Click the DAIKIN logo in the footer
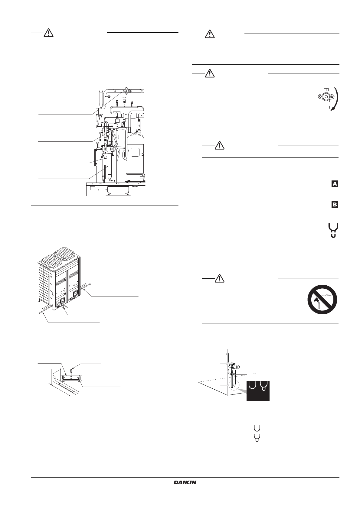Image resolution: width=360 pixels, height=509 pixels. tap(185, 483)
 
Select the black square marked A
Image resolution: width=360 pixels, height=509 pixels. tap(335, 184)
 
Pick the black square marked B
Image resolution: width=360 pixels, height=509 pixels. tap(335, 205)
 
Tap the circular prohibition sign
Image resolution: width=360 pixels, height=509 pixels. tap(322, 299)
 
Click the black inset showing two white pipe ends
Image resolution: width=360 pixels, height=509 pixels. tap(258, 391)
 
